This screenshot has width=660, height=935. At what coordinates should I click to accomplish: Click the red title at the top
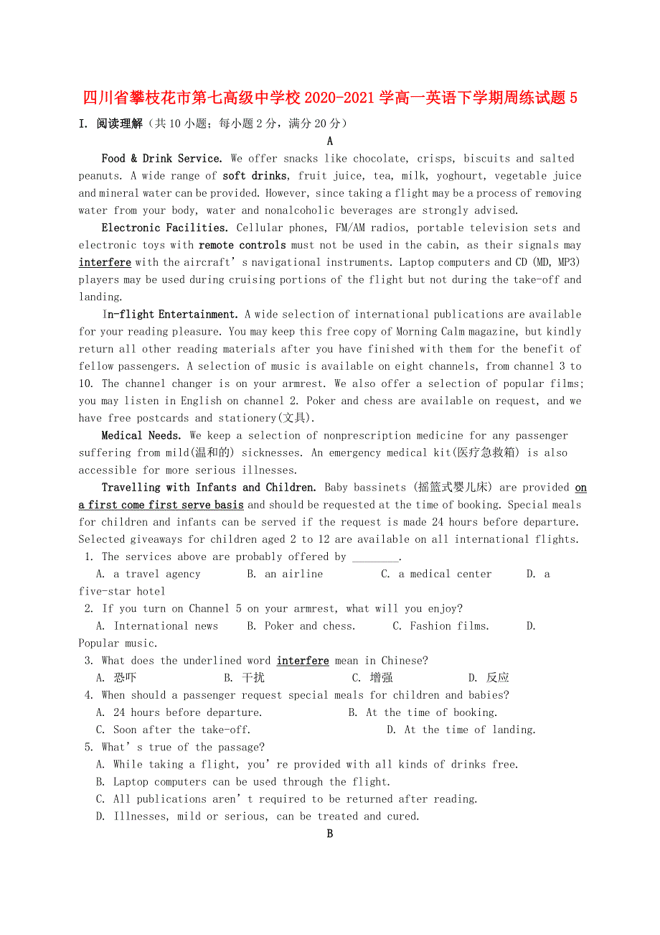pos(330,98)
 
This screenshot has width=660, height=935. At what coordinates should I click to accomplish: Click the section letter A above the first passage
pos(330,141)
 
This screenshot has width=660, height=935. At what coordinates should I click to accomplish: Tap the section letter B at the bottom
pos(330,834)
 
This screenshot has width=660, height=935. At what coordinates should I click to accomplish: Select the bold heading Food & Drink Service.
pos(162,159)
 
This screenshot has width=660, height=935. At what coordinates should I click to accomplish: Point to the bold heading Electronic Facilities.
pos(165,228)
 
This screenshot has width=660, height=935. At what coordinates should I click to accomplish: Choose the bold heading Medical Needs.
pos(142,436)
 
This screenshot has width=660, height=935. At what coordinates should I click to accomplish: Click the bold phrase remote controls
pos(242,246)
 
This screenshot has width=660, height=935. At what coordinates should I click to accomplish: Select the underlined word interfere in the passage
pos(105,263)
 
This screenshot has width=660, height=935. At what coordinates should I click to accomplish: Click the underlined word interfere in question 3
pos(303,661)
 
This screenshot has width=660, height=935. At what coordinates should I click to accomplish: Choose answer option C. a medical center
pos(436,575)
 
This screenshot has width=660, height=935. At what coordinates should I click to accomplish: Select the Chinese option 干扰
pos(253,678)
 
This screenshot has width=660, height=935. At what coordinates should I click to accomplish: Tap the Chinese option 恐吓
pos(125,678)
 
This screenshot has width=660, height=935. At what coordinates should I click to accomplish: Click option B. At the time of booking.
pos(423,712)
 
